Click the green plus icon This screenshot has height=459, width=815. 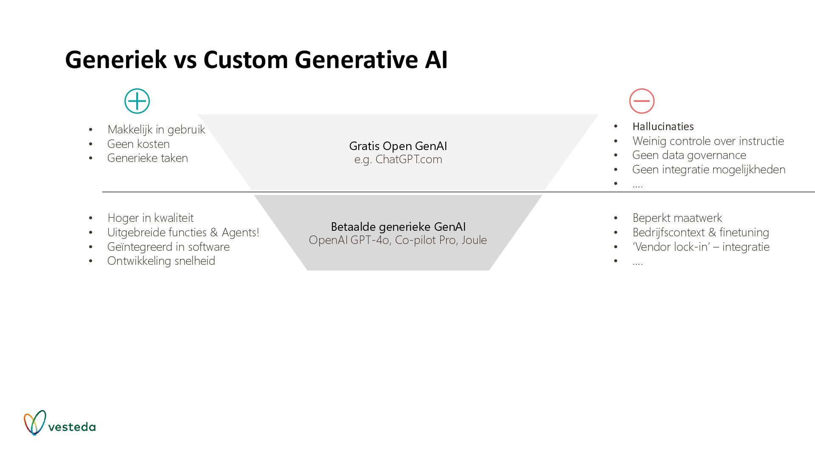[137, 101]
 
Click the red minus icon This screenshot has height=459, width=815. [641, 101]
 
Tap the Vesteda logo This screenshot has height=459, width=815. [59, 423]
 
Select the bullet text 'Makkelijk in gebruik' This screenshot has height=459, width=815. [156, 130]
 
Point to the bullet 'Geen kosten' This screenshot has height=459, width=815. [138, 144]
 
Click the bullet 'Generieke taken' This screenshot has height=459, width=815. [147, 158]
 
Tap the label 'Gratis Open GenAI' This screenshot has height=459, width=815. [398, 146]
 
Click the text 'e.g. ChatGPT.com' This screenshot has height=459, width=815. [398, 159]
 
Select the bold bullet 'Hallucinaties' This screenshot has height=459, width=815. [663, 127]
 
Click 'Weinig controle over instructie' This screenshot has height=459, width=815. [708, 141]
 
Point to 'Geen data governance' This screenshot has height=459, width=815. [689, 155]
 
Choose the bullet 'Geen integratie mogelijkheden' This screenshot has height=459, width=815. [708, 170]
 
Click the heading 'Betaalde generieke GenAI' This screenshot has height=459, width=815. [398, 227]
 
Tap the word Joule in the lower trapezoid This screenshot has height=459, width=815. [474, 240]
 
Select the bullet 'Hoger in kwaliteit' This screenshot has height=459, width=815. [150, 218]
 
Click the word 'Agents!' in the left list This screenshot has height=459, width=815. [240, 232]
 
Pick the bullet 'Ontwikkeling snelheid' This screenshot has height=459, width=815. [161, 261]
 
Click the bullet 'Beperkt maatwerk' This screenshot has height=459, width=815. [677, 218]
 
